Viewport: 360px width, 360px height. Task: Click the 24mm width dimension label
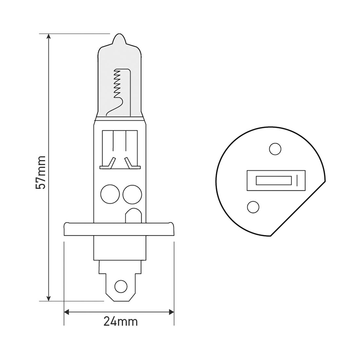(x=120, y=321)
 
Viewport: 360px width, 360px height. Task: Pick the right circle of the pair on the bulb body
(x=131, y=194)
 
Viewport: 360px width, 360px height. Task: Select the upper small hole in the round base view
(x=275, y=149)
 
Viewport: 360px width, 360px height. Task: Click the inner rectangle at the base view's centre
(x=273, y=180)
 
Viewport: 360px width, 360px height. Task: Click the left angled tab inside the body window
(x=111, y=162)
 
